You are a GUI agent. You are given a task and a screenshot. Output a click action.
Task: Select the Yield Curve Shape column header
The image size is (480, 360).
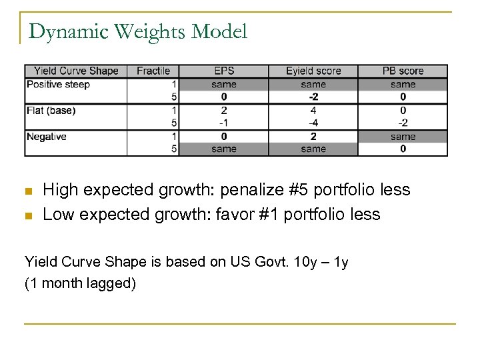click(x=75, y=71)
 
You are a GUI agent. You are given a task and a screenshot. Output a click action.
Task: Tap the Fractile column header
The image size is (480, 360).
click(x=153, y=71)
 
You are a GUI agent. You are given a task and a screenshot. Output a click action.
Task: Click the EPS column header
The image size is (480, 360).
click(x=223, y=71)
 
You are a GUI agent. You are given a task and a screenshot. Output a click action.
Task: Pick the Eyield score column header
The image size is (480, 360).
click(x=313, y=71)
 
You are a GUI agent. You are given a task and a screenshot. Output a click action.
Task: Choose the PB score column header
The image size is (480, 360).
click(x=403, y=71)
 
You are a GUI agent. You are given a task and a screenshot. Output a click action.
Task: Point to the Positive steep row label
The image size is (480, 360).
click(x=58, y=84)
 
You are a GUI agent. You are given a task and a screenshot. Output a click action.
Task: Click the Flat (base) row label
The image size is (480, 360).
click(x=51, y=110)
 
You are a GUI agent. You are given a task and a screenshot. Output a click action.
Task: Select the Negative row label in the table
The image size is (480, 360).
click(x=46, y=136)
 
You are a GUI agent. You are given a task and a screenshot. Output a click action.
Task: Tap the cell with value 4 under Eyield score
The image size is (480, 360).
click(x=313, y=110)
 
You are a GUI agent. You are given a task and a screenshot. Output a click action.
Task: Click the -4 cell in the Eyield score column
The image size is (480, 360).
click(x=313, y=123)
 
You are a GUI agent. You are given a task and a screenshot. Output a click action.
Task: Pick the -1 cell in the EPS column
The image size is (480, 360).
click(x=223, y=123)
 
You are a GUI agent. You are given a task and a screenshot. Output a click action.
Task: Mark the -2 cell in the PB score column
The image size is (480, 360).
click(x=403, y=123)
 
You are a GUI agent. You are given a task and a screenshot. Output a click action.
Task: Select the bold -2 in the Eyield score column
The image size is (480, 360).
click(x=313, y=97)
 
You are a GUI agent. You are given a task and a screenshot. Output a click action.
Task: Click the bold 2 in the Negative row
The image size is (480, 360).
click(x=313, y=136)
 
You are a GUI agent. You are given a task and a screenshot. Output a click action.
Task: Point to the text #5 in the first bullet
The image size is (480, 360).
click(x=303, y=190)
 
